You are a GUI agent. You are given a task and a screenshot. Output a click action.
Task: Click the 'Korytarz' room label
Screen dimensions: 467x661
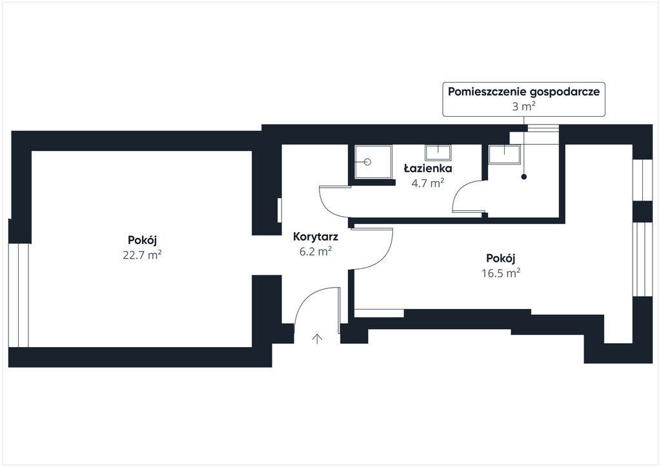[x=315, y=236]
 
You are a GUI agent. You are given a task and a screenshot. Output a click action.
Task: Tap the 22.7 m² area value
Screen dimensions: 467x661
[x=142, y=255]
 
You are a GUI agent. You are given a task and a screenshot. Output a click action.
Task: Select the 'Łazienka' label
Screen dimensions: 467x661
[x=427, y=168]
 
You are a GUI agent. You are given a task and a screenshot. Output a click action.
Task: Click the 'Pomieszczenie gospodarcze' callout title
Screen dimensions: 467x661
[x=524, y=92]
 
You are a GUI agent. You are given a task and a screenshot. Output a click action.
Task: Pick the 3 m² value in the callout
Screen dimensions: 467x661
[x=524, y=106]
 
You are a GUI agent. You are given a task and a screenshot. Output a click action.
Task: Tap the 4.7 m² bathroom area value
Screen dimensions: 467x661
[x=427, y=183]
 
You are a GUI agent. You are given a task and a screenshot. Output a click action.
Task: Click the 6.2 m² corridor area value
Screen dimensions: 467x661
[x=315, y=251]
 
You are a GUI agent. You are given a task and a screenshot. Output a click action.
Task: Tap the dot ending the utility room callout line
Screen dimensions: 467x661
[x=524, y=177]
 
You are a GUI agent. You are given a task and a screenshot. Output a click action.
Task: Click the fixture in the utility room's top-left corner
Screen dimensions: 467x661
[x=503, y=154]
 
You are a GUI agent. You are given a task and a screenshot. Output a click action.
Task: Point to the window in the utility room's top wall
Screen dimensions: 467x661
[x=543, y=128]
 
